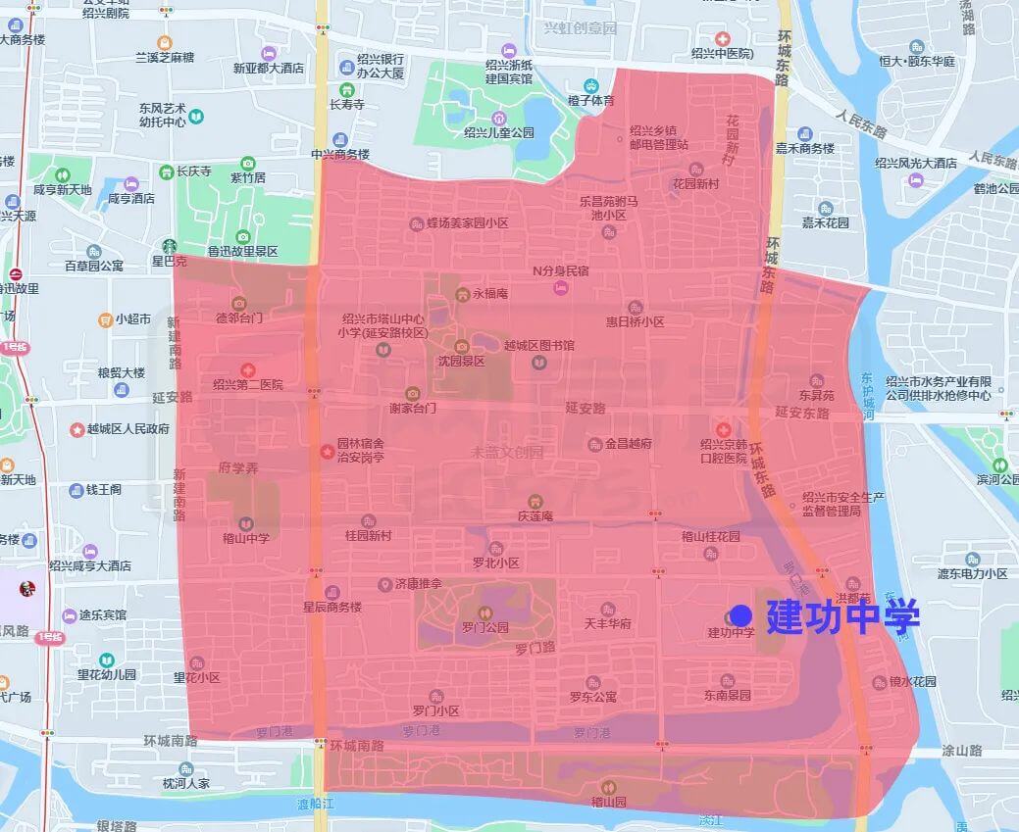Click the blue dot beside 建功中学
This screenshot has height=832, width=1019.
[741, 615]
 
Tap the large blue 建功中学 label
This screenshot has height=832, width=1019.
[842, 616]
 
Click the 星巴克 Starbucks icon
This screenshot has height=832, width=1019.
[169, 247]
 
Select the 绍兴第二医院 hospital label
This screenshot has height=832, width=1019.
[248, 384]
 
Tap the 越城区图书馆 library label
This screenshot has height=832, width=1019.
[538, 346]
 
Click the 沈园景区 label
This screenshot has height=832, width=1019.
[461, 361]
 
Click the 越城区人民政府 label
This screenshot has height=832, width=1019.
[128, 428]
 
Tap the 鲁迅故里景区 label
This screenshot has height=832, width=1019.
[243, 251]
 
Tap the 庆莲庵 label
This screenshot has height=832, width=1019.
[535, 515]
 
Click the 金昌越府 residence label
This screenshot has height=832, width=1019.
[628, 444]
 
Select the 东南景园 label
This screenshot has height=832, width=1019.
[727, 695]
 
